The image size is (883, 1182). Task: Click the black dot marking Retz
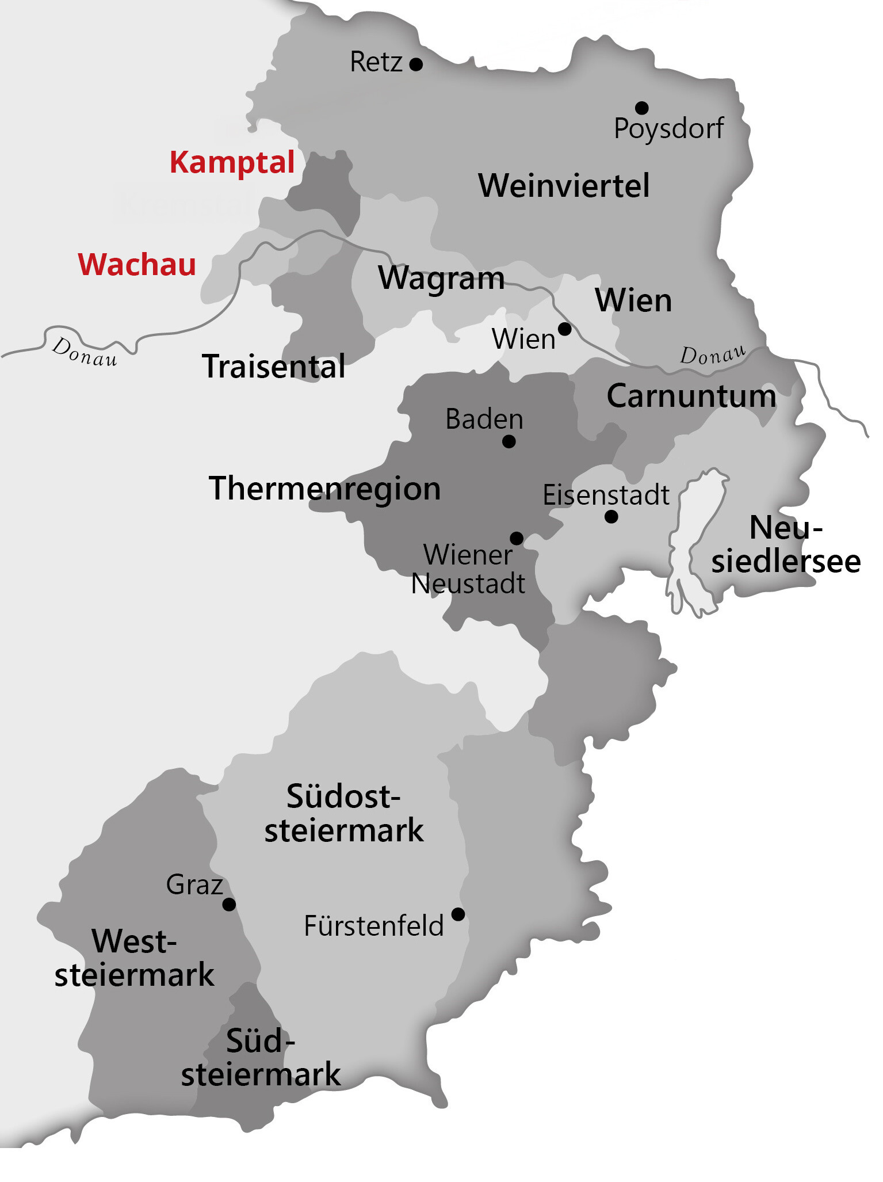[416, 64]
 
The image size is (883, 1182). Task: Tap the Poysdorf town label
[668, 128]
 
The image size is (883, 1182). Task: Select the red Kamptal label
[232, 162]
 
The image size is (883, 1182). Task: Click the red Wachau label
[137, 265]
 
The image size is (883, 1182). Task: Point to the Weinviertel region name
[564, 186]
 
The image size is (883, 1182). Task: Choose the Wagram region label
[441, 279]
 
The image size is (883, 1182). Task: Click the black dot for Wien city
[565, 329]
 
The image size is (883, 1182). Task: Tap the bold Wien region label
[633, 300]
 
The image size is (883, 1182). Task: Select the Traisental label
[274, 367]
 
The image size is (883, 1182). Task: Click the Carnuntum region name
[691, 396]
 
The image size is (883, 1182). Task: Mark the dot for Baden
[509, 441]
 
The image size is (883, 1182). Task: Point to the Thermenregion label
[324, 489]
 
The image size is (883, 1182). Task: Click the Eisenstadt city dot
[611, 517]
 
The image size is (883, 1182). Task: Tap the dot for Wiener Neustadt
[517, 538]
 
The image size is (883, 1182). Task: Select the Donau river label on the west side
[85, 352]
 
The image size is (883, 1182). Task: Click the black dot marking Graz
[229, 905]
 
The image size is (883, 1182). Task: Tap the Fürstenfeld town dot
[458, 914]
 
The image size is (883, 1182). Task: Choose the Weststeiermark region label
[134, 958]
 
